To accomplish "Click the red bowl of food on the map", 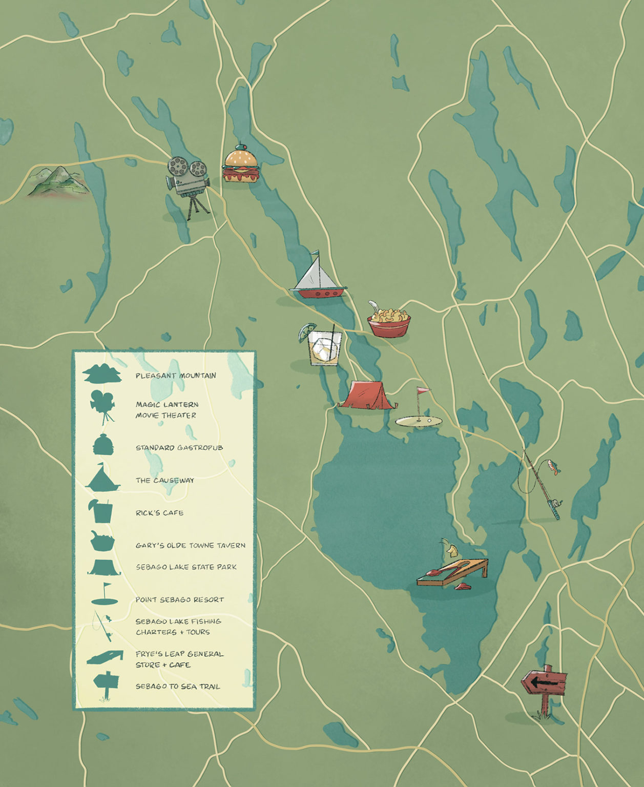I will click(x=389, y=321).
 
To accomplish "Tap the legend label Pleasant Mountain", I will click(x=176, y=376).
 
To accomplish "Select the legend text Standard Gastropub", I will click(x=179, y=448).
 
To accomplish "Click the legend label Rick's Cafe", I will click(x=159, y=513).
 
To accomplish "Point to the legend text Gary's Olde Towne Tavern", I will click(x=191, y=546).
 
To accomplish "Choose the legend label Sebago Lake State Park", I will click(x=186, y=567).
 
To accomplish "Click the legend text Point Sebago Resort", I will click(x=180, y=599).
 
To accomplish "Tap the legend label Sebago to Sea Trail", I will click(x=178, y=687).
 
